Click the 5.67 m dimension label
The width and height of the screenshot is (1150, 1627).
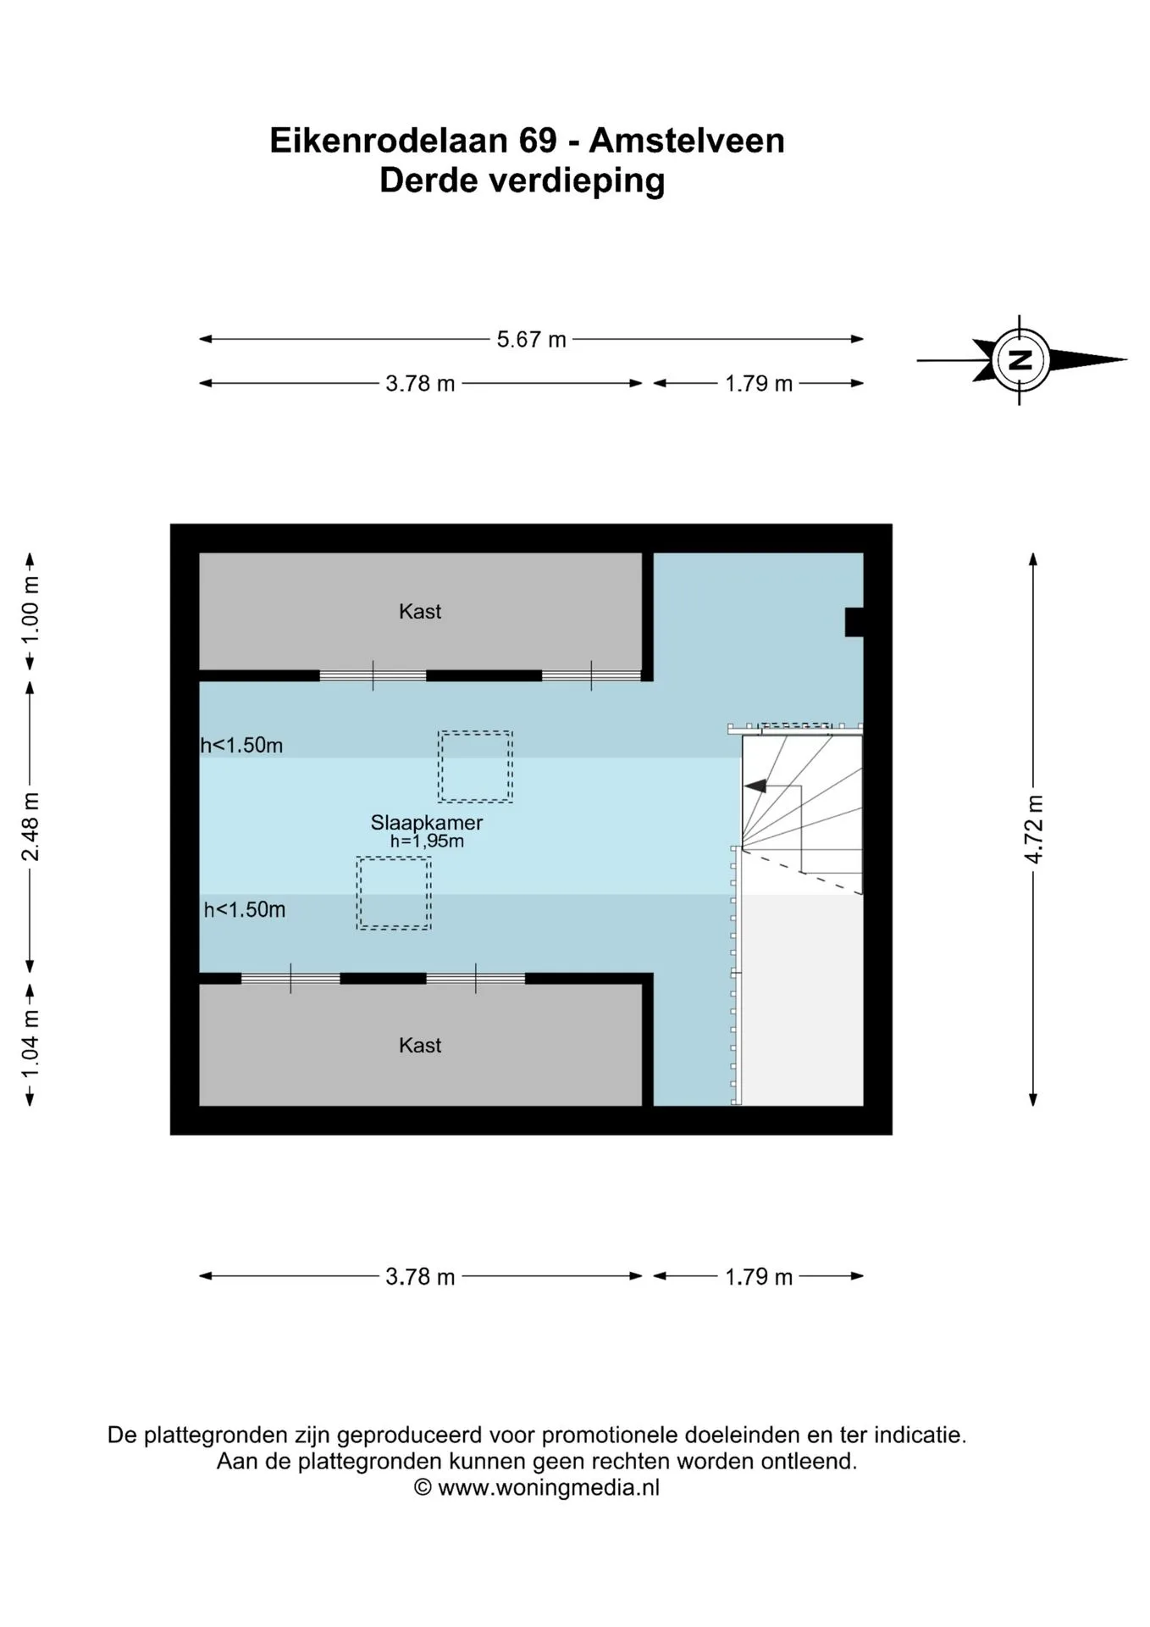click(x=531, y=340)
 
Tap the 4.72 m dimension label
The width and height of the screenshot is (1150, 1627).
click(x=1033, y=830)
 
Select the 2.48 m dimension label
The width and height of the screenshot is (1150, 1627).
click(x=30, y=827)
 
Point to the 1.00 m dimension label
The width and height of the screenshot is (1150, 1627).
click(x=30, y=610)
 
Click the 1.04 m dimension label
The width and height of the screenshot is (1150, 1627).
click(x=30, y=1045)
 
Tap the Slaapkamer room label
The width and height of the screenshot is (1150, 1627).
click(x=427, y=822)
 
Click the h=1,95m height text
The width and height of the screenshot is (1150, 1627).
click(x=427, y=841)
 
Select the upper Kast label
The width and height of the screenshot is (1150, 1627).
click(x=420, y=611)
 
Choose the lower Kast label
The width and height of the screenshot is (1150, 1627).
click(x=420, y=1045)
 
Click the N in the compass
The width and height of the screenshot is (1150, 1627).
click(x=1020, y=360)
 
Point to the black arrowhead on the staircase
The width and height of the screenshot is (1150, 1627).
click(x=755, y=786)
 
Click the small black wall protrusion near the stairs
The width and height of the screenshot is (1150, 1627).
click(x=854, y=622)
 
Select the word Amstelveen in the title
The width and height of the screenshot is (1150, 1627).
click(x=687, y=140)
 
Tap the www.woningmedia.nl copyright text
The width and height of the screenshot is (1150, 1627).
click(x=549, y=1487)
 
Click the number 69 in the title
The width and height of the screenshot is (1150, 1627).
click(x=538, y=140)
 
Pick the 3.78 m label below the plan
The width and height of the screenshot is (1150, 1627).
click(x=420, y=1276)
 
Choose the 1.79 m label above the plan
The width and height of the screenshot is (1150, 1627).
click(x=759, y=384)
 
